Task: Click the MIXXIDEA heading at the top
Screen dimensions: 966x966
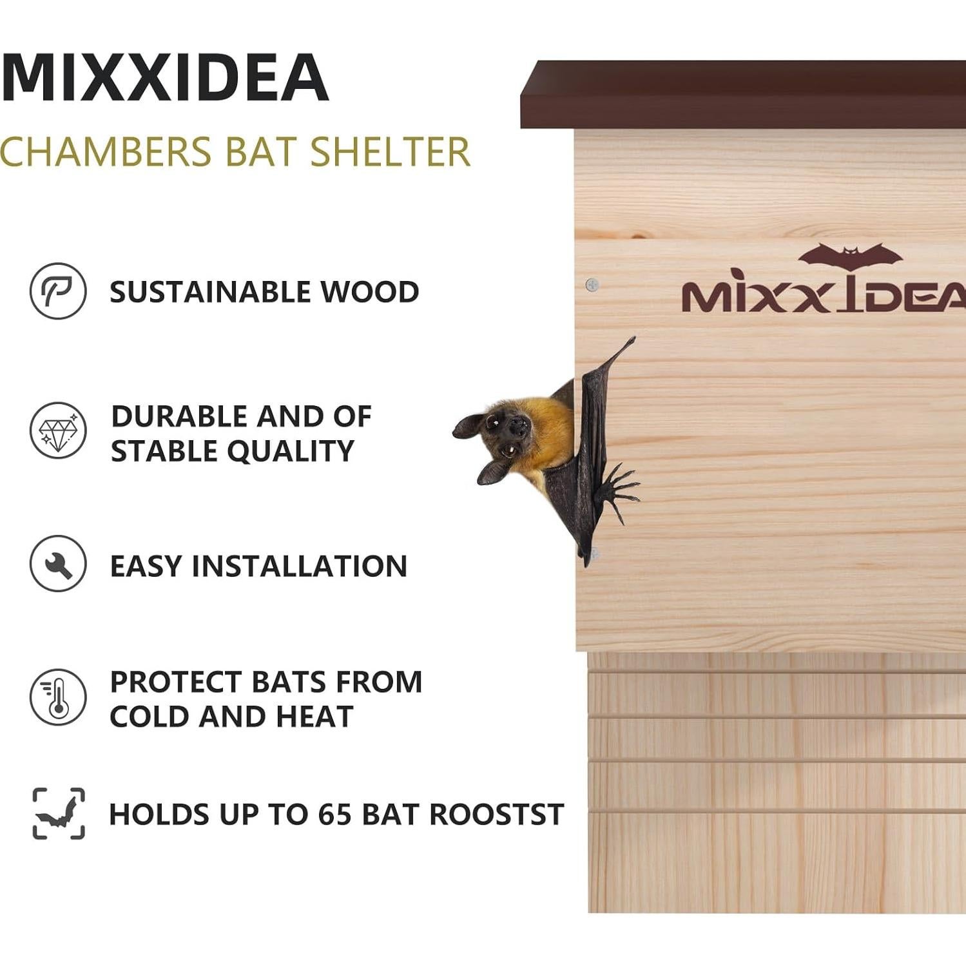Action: coord(166,78)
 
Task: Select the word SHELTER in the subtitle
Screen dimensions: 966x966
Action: coord(391,152)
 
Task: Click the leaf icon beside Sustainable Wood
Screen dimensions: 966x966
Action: coord(58,291)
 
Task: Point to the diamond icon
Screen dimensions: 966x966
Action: coord(58,430)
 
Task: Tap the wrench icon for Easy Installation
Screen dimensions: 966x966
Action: coord(58,564)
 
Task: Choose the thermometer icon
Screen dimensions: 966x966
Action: coord(58,697)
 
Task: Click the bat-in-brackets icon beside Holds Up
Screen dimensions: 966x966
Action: coord(59,813)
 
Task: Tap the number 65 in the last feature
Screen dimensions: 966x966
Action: coord(334,814)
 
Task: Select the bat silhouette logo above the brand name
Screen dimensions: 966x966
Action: coord(850,256)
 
